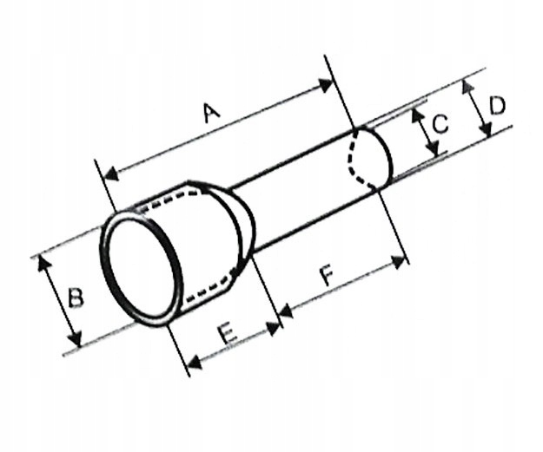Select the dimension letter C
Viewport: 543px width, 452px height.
point(440,124)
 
